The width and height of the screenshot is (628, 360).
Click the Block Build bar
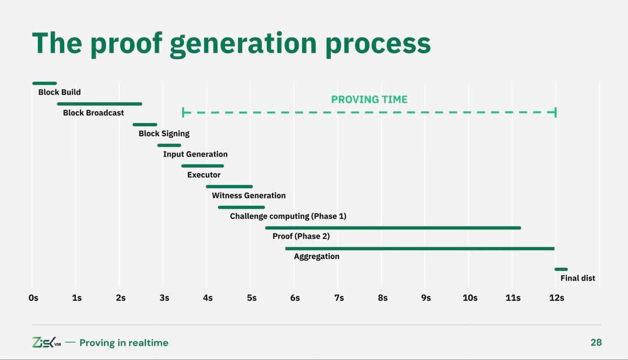click(44, 83)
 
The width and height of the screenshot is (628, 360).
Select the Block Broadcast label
click(93, 113)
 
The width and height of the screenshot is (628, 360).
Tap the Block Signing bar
click(145, 125)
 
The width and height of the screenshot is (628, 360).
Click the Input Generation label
click(195, 154)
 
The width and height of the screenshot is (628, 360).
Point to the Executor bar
click(203, 166)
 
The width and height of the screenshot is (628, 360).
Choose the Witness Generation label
click(249, 196)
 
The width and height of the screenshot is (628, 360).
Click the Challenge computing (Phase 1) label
click(288, 216)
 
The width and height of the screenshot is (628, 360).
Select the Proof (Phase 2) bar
click(392, 228)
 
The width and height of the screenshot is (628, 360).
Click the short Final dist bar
click(561, 269)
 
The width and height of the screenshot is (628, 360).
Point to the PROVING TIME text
click(369, 99)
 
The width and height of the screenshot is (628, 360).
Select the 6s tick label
click(295, 298)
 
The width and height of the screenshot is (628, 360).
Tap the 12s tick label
click(556, 298)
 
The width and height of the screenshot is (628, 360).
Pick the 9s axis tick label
click(425, 298)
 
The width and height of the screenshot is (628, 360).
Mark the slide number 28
click(596, 343)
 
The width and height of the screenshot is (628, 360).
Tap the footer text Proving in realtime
click(124, 343)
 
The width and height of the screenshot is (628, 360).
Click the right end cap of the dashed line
click(555, 113)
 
